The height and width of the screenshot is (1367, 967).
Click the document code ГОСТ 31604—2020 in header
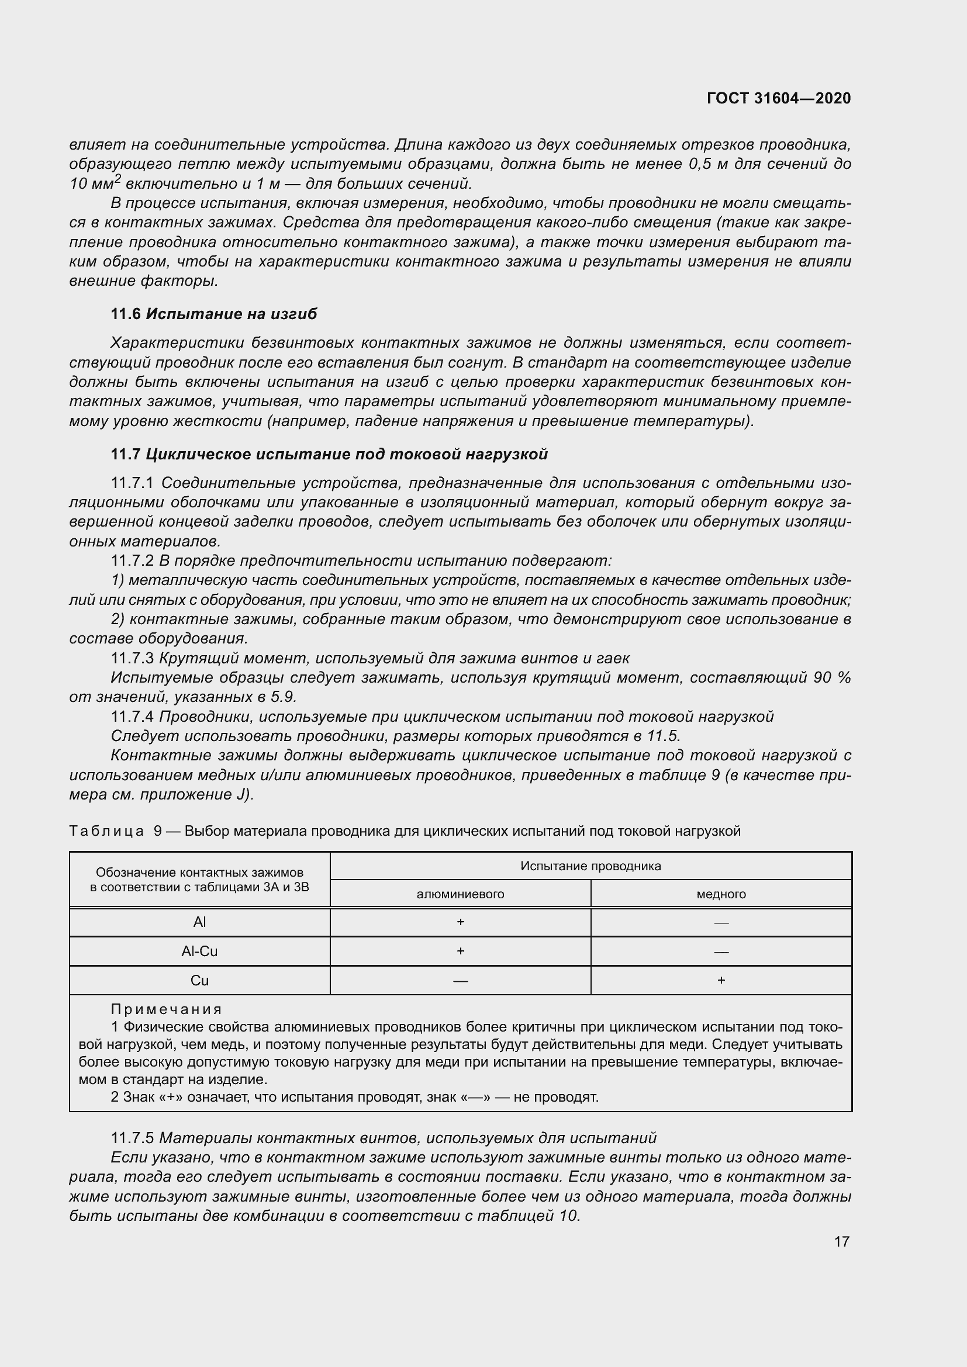point(778,98)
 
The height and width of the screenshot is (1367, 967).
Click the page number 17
point(841,1241)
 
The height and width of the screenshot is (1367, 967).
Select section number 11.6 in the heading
point(126,314)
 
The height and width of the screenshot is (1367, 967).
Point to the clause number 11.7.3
point(132,658)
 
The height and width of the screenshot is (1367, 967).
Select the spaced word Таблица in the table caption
point(106,830)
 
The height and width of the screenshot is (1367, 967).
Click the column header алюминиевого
point(460,894)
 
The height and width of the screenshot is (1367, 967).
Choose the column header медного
point(720,894)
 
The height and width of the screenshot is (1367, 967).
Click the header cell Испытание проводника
point(590,866)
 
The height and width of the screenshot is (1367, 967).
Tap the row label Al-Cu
point(199,951)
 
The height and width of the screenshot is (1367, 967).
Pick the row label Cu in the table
point(199,981)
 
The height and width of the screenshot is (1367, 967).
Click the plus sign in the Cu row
point(720,981)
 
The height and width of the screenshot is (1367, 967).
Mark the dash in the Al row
point(720,923)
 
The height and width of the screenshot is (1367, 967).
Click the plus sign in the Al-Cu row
point(460,951)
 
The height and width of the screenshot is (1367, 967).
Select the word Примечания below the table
point(166,1009)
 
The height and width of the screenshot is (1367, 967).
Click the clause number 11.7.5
point(132,1138)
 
